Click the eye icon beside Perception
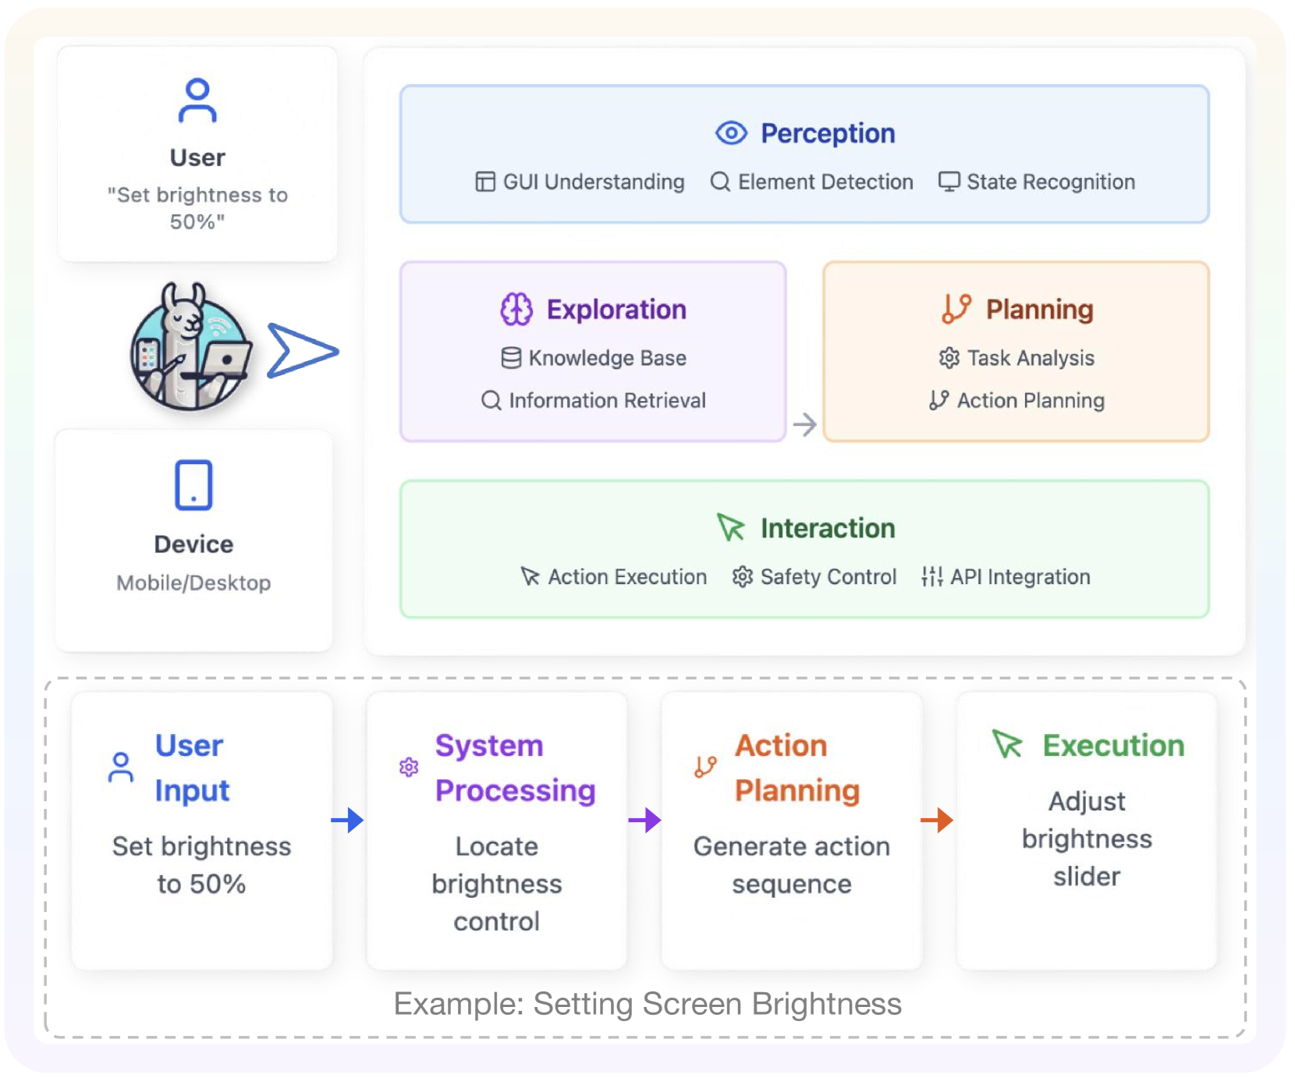(x=731, y=133)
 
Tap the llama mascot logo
(x=190, y=347)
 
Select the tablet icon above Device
(x=193, y=485)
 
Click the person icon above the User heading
(x=197, y=101)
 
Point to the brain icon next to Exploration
(x=516, y=310)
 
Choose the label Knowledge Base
(x=607, y=358)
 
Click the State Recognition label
(x=1050, y=182)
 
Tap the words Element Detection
(x=825, y=182)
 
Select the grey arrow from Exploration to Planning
(x=804, y=424)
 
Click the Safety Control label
(x=828, y=576)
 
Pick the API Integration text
(x=1020, y=576)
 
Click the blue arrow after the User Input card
(x=348, y=820)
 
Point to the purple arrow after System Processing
(x=644, y=820)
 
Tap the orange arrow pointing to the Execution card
(x=937, y=820)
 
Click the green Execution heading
(x=1113, y=746)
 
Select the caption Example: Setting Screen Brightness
(x=647, y=1004)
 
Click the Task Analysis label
(x=1030, y=358)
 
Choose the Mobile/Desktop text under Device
(x=193, y=583)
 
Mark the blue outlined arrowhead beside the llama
(x=300, y=351)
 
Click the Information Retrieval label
(x=607, y=400)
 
